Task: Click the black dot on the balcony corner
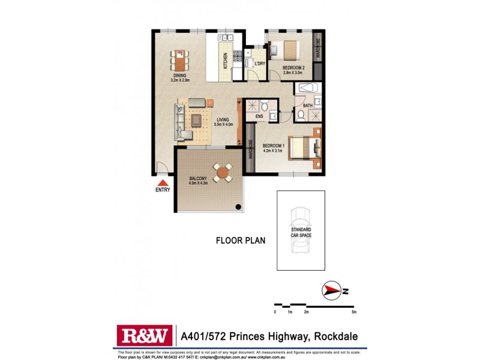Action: pyautogui.click(x=238, y=208)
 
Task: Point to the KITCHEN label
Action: pyautogui.click(x=226, y=60)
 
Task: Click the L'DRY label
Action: pyautogui.click(x=260, y=64)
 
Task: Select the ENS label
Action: pyautogui.click(x=260, y=116)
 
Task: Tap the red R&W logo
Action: pyautogui.click(x=145, y=336)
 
